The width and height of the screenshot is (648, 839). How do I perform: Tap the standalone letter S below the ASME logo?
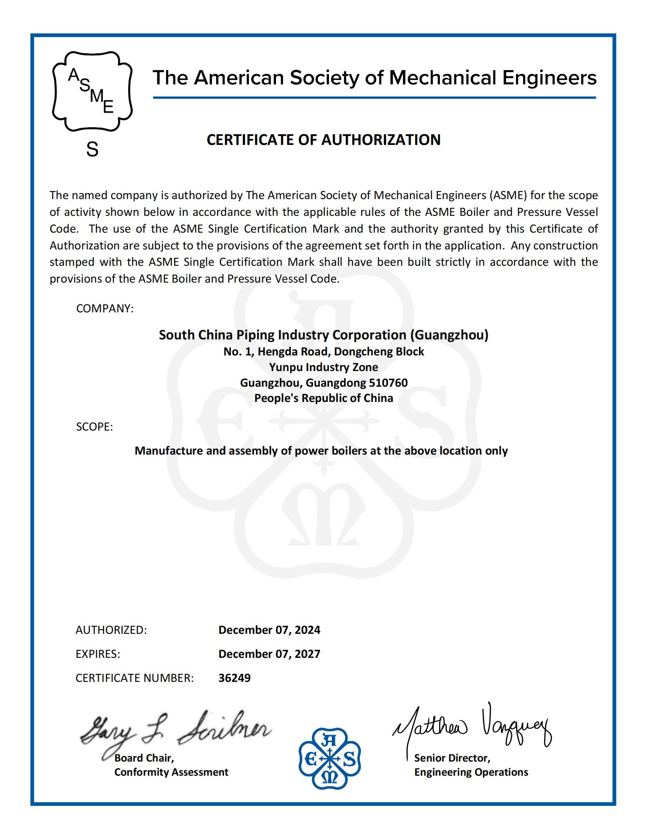92,149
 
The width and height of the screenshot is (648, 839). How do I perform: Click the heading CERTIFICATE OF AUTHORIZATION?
324,140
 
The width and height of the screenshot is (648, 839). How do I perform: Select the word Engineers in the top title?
549,77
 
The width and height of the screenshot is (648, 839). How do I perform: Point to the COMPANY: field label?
105,309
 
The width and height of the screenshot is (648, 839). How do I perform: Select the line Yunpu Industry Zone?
324,367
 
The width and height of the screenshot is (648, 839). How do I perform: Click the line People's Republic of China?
324,398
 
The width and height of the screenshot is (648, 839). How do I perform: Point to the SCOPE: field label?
95,427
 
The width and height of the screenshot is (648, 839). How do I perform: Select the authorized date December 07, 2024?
269,630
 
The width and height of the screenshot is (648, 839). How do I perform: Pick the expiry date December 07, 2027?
269,654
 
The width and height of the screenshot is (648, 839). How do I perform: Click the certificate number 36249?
234,678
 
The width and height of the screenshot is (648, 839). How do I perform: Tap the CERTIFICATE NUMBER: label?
134,678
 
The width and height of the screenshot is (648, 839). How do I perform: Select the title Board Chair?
144,758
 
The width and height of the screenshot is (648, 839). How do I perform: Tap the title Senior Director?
452,758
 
